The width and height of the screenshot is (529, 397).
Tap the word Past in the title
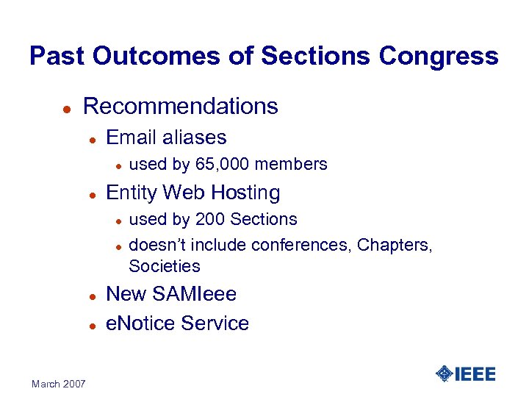(57, 57)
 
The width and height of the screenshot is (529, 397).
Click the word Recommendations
(181, 107)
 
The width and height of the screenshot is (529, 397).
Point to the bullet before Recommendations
(65, 108)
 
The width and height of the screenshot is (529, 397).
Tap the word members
(290, 164)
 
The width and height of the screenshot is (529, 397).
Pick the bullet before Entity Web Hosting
(93, 194)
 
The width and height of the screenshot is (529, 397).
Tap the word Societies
(164, 265)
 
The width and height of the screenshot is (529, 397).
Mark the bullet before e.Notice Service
(93, 325)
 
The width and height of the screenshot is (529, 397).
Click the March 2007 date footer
(59, 384)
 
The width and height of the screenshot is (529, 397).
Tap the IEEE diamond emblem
(444, 374)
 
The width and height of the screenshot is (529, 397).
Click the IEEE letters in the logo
(475, 374)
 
